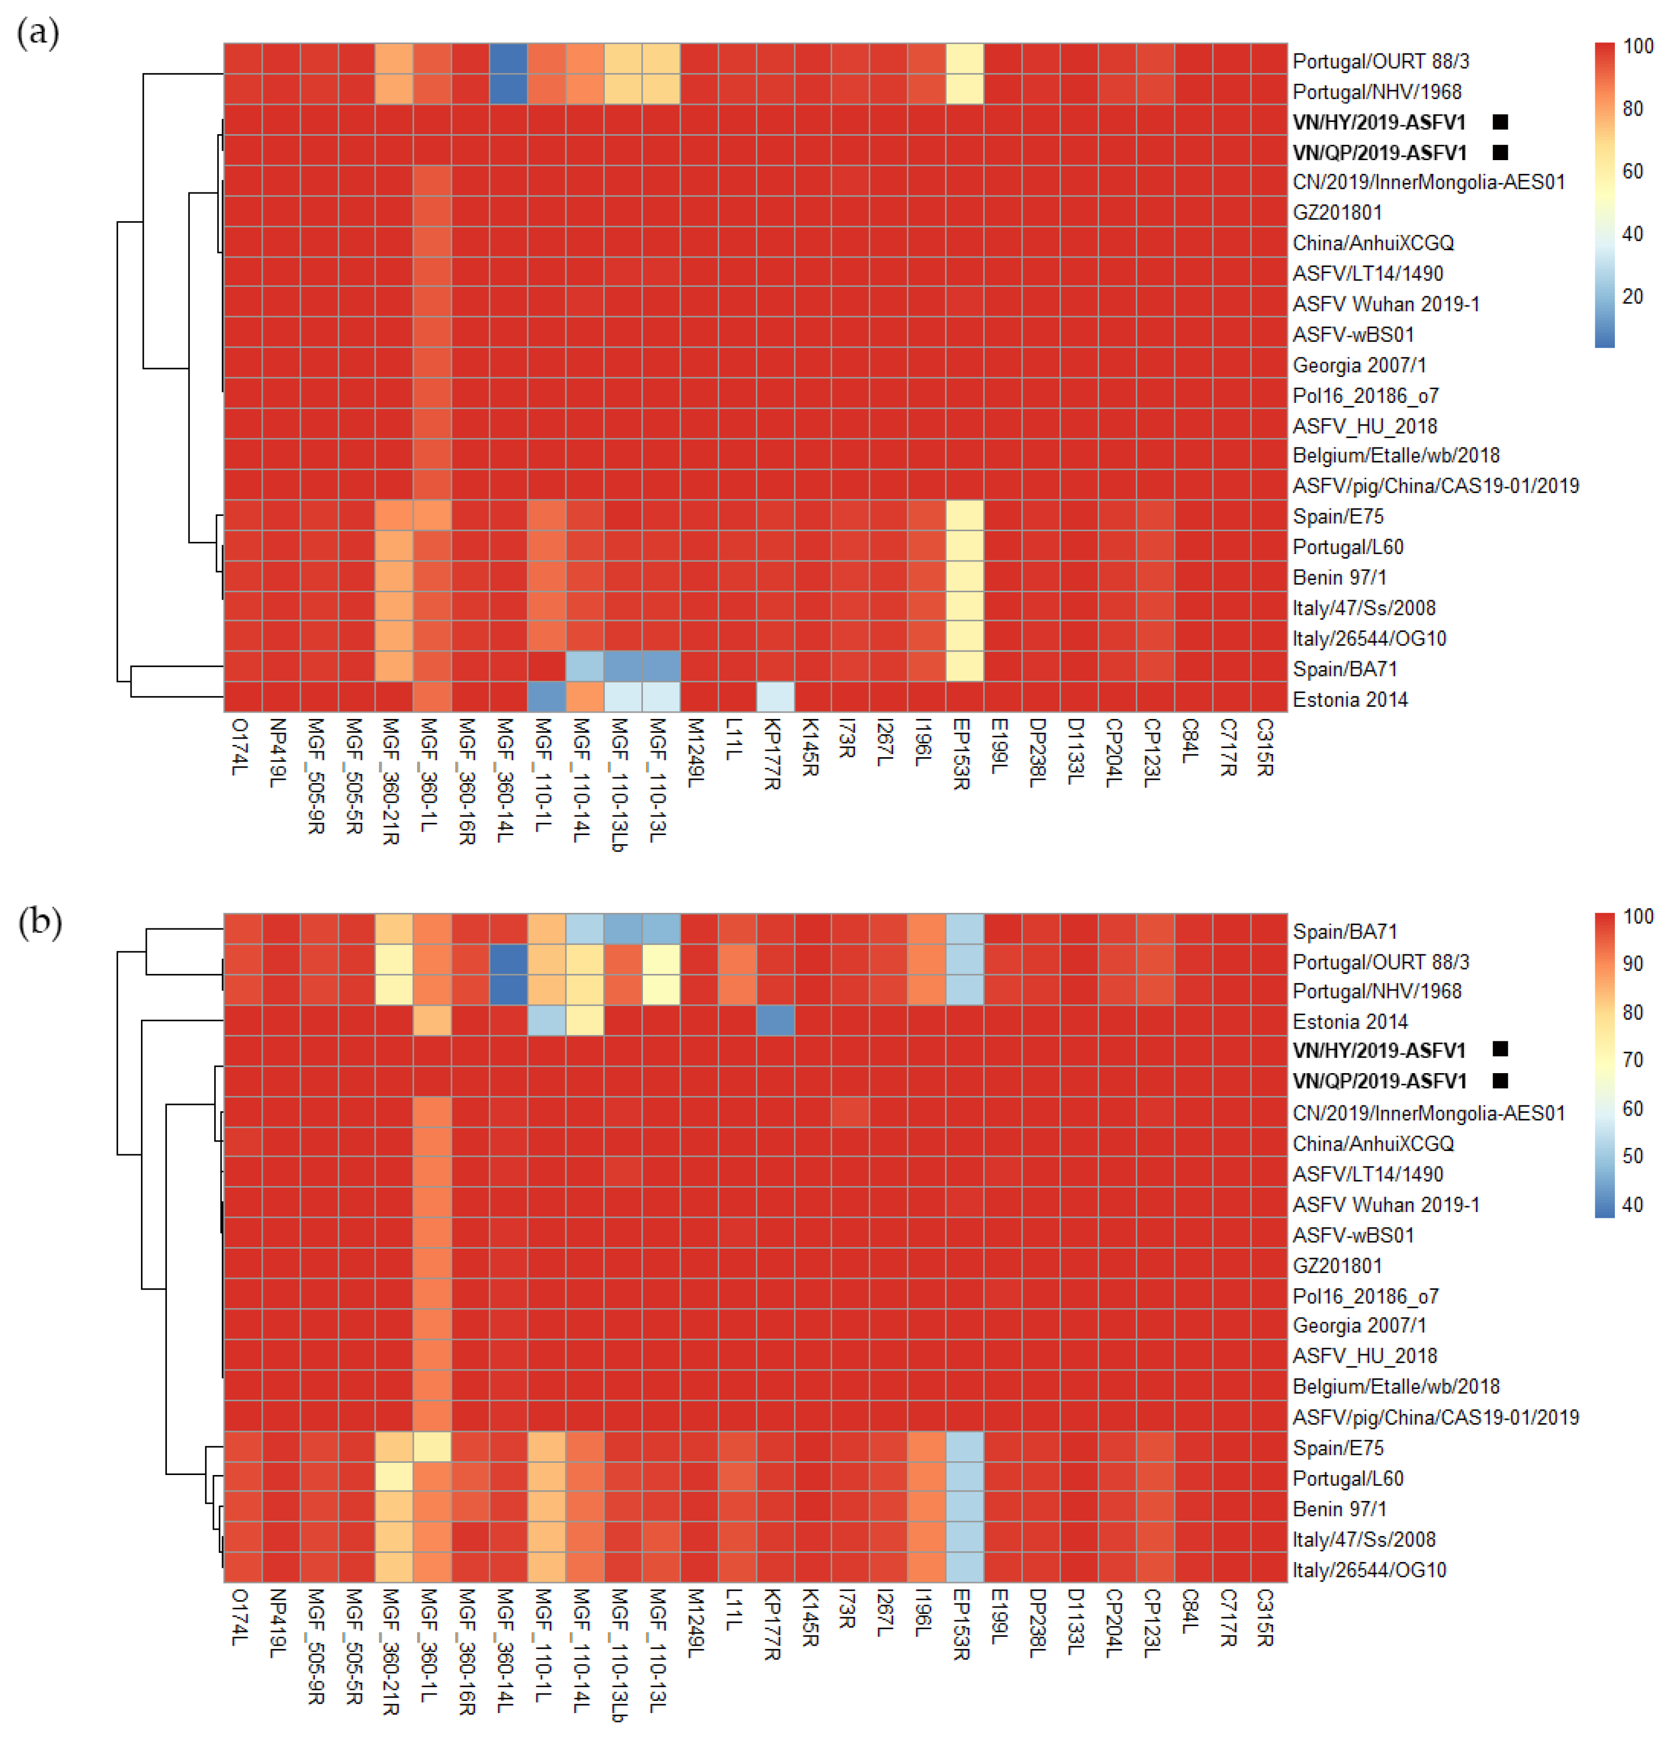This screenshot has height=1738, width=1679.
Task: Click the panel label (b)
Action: [40, 921]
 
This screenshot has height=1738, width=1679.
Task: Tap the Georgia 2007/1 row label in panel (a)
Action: [1358, 364]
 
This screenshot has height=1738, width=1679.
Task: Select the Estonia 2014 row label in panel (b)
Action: [1349, 1021]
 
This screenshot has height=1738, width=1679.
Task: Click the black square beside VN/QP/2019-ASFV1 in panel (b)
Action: [1500, 1080]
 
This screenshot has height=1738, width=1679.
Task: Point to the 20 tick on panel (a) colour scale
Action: [1632, 296]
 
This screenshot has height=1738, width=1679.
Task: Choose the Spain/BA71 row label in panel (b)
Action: [1344, 931]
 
